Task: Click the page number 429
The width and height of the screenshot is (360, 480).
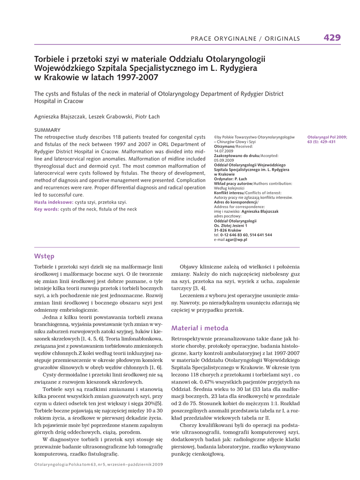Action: (332, 38)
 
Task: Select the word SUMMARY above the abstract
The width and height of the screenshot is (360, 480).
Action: (47, 130)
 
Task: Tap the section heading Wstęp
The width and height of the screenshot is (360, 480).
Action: (45, 256)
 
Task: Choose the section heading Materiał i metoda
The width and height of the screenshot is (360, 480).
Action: (200, 328)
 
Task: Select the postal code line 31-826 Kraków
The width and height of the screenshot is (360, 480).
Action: (228, 230)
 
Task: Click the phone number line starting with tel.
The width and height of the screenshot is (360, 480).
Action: (243, 235)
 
